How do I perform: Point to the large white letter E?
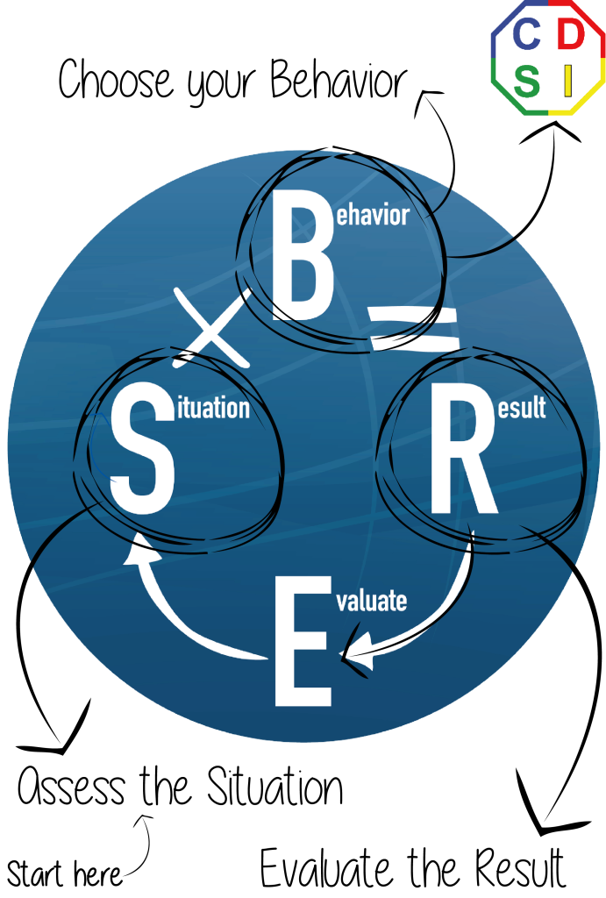[x=303, y=641]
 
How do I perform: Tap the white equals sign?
[x=414, y=328]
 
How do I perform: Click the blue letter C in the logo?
[x=526, y=34]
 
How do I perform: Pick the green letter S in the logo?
[x=526, y=81]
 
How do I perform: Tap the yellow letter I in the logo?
[x=567, y=81]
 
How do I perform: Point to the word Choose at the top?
[x=115, y=78]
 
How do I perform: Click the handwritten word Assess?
[x=71, y=786]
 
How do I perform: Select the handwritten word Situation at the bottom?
[x=274, y=786]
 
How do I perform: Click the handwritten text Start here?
[x=64, y=874]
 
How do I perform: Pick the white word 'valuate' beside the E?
[x=372, y=601]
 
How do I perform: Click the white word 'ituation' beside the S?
[x=213, y=408]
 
